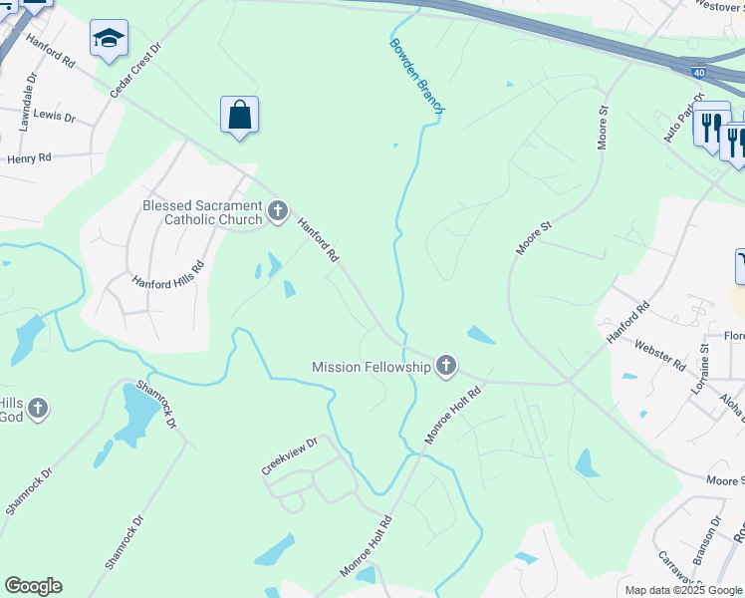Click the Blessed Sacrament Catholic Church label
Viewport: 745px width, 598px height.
[202, 212]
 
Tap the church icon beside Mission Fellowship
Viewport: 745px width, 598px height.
[446, 367]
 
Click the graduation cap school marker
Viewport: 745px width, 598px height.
[109, 39]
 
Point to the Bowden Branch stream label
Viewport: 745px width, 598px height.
[416, 76]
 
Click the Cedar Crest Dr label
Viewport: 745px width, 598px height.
[135, 70]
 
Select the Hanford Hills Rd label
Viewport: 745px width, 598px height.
[167, 274]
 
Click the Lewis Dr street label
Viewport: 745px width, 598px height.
[54, 117]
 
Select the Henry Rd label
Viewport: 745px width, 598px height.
[29, 158]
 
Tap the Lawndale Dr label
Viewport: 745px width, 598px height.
[27, 102]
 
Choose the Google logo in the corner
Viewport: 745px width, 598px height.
[33, 586]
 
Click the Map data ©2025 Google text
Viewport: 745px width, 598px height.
[682, 590]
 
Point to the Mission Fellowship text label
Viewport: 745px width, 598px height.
[372, 367]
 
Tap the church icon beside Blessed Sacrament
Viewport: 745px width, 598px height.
[278, 211]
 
